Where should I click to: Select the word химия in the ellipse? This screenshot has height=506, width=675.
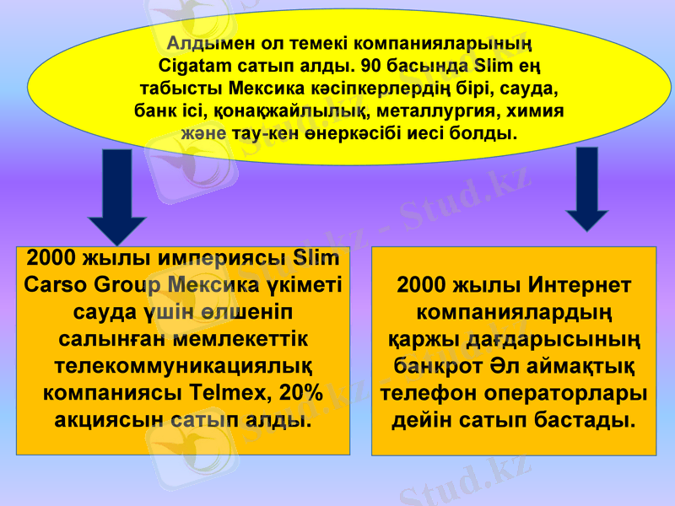532,110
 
